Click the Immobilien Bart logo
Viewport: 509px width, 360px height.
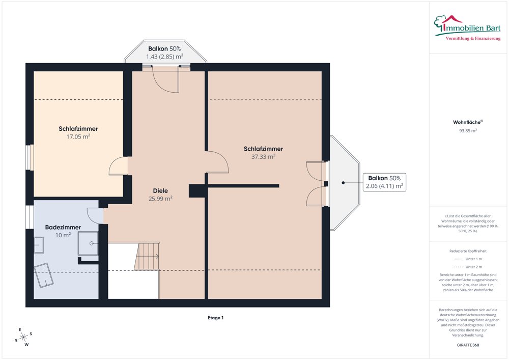point(467,28)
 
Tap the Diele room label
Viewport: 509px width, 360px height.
point(160,191)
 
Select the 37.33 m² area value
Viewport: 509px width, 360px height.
point(263,156)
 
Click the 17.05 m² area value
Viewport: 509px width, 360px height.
point(78,136)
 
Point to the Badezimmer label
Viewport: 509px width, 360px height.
point(63,227)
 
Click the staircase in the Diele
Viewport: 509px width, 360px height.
point(147,256)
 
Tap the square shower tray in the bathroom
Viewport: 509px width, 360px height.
point(88,243)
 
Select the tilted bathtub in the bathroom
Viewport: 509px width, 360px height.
point(44,275)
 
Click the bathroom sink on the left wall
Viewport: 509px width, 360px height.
point(39,245)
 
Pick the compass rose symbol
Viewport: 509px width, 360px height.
point(23,337)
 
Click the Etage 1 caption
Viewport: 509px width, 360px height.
point(215,318)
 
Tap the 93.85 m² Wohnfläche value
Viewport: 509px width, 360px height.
point(468,131)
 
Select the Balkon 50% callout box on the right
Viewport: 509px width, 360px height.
point(384,182)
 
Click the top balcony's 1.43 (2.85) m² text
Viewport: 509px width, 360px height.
point(164,57)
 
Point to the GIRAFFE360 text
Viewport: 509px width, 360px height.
point(468,345)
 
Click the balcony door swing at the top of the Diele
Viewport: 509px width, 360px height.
point(165,79)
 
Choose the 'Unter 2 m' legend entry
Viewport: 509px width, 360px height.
point(468,267)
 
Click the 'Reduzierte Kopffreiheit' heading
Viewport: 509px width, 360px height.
point(468,251)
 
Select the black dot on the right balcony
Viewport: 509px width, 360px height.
point(343,183)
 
